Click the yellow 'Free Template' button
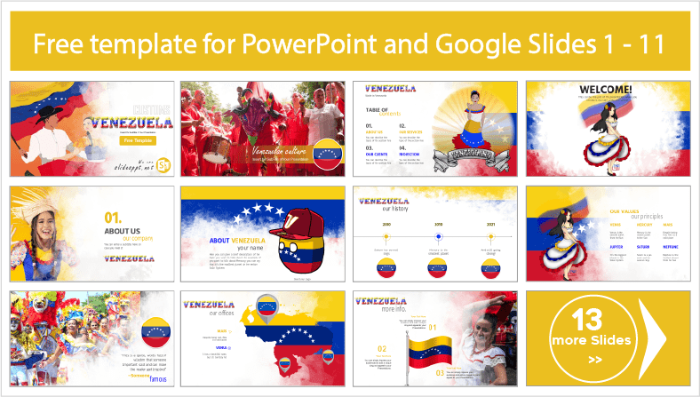pos(131,140)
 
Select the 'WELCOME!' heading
pos(605,90)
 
